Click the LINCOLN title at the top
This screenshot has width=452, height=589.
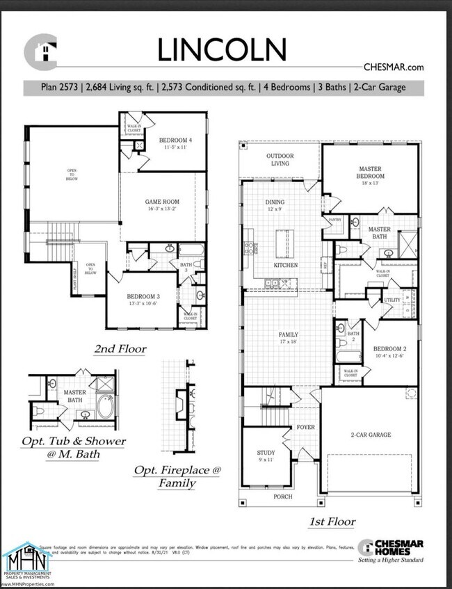click(221, 51)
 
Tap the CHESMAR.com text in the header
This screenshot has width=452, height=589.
click(393, 67)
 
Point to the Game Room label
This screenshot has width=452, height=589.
click(161, 204)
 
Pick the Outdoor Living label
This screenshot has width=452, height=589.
click(280, 159)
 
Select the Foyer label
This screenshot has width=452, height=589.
click(305, 427)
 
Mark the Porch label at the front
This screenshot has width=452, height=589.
click(282, 497)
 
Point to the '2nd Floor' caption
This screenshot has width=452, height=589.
click(120, 348)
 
